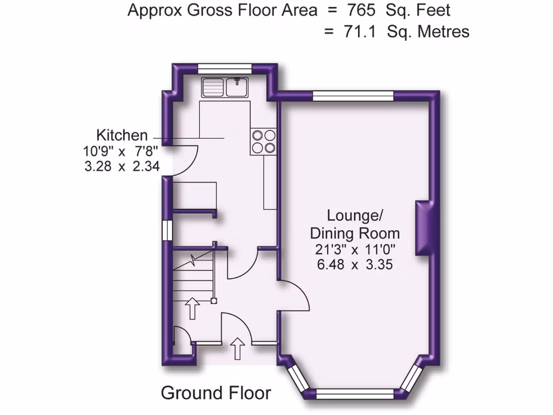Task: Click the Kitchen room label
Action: click(122, 135)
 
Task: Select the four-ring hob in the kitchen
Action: click(264, 141)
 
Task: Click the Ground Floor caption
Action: click(215, 393)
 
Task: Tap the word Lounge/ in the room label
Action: click(355, 215)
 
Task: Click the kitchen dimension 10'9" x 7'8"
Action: click(122, 152)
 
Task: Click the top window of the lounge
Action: click(353, 96)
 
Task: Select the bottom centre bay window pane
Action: click(355, 394)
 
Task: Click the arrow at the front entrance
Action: click(237, 349)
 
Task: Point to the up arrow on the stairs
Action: click(192, 307)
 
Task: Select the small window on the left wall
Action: click(167, 229)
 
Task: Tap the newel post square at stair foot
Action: click(214, 300)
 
